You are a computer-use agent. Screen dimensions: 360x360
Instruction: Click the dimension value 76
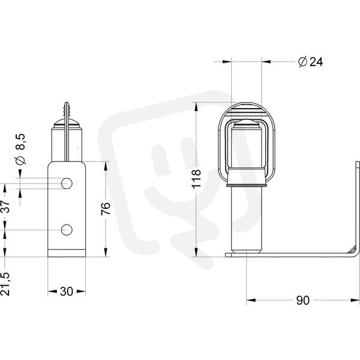pos(106,208)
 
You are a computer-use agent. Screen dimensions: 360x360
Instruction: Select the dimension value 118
pos(196,179)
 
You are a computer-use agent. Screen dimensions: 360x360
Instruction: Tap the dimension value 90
pos(302,301)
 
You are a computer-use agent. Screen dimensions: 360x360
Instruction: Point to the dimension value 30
pos(67,292)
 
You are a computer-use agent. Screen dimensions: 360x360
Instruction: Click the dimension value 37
pos(5,206)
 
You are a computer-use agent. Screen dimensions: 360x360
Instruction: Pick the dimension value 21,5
pos(5,284)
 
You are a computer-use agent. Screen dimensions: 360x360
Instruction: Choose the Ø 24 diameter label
pos(310,62)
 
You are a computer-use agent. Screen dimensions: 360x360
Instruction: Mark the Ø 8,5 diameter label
pos(20,149)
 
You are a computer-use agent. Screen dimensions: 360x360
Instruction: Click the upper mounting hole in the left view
pos(67,184)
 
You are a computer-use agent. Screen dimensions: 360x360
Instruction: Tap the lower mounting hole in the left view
pos(67,230)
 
